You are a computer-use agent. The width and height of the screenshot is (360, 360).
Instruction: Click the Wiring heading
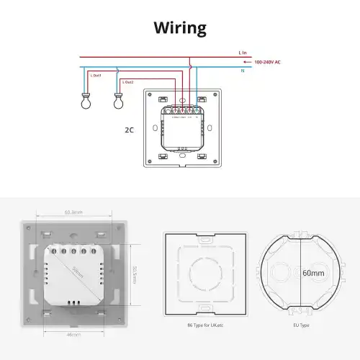[180, 28]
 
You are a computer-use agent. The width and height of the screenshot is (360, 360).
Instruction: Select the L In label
[243, 53]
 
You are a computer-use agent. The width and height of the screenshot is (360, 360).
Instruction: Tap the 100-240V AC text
[267, 62]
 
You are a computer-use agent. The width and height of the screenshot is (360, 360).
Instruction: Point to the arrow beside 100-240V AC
[248, 62]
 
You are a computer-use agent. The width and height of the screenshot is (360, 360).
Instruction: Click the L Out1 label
[96, 75]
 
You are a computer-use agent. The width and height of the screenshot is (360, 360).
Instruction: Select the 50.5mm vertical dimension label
[134, 274]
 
